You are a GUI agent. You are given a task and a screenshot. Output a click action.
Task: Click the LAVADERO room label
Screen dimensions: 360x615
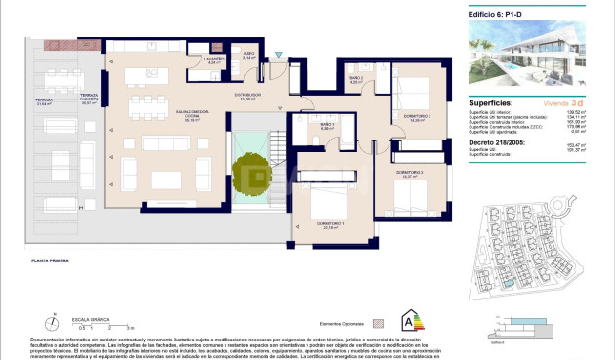(x=216, y=60)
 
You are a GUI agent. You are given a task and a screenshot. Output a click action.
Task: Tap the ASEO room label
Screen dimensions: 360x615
(x=250, y=56)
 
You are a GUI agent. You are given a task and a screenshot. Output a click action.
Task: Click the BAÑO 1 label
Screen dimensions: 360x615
(x=328, y=126)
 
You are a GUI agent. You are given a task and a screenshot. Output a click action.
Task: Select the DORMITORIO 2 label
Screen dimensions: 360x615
(x=408, y=172)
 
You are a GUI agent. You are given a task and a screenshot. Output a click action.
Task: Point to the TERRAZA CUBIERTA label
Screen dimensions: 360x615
(x=91, y=100)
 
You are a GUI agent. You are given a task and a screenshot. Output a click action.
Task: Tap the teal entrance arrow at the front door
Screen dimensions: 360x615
(x=278, y=53)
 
